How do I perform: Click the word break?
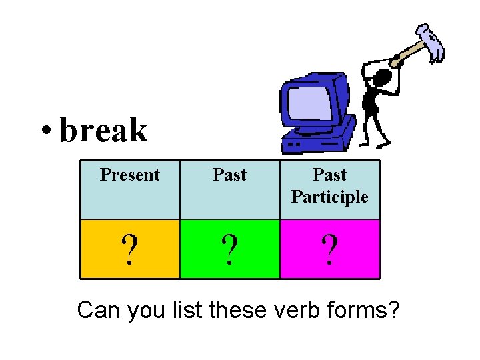point(103,130)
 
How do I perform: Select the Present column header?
point(130,175)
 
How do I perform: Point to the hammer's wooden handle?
point(407,54)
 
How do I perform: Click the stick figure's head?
point(382,78)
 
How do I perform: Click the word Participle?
point(330,197)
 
